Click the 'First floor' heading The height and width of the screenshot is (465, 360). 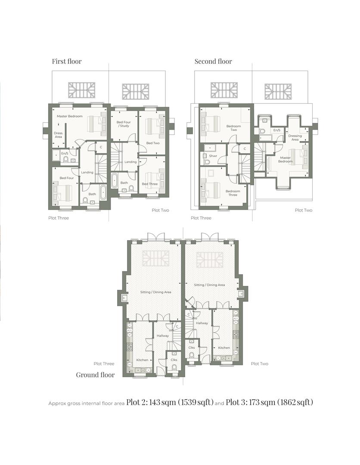(x=67, y=61)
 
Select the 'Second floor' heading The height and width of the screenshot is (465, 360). (x=213, y=61)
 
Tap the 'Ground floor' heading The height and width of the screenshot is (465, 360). (x=95, y=375)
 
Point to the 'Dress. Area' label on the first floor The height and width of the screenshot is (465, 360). (x=58, y=135)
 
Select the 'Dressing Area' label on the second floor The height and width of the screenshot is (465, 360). (x=295, y=137)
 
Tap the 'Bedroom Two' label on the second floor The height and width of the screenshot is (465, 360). (x=233, y=128)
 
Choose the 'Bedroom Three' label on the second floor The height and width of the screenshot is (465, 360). (x=233, y=193)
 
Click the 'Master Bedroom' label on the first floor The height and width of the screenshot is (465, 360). (x=69, y=116)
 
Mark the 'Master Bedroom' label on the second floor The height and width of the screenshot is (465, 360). (x=285, y=160)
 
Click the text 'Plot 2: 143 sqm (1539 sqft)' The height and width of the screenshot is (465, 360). (x=170, y=403)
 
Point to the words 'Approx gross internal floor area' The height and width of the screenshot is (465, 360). (x=86, y=403)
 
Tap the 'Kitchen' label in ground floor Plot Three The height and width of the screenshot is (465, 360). (x=142, y=360)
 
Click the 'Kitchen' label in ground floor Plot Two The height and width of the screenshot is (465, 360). (x=224, y=347)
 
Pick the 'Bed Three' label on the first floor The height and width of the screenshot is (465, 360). (x=149, y=184)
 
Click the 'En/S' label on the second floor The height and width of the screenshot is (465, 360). (x=276, y=130)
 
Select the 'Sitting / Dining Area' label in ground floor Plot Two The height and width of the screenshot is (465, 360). (x=209, y=285)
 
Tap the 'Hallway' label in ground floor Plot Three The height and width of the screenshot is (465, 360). (x=163, y=336)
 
